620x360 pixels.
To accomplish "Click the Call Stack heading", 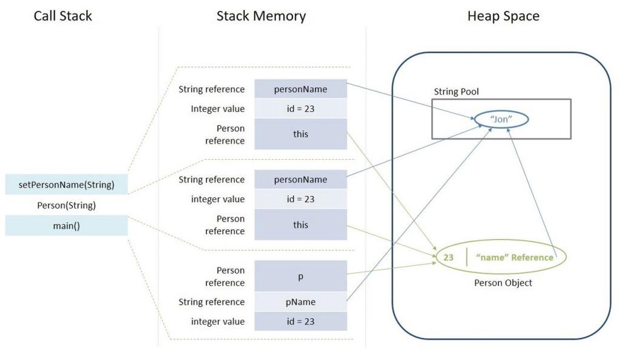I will click(63, 16).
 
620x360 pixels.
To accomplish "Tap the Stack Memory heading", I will click(261, 16).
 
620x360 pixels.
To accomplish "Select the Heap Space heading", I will click(503, 16).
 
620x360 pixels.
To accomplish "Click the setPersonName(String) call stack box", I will click(67, 185).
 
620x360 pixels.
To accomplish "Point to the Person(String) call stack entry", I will click(67, 205).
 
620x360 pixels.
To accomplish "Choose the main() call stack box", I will click(67, 226).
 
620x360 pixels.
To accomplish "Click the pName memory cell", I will click(300, 302).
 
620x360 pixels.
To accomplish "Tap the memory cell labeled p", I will click(300, 277).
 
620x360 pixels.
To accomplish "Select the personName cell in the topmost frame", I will click(300, 89).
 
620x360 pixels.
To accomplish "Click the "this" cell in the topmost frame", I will click(300, 134).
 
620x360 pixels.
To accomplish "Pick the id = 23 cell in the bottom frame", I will click(300, 321).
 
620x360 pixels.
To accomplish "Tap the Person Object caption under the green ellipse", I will click(503, 283).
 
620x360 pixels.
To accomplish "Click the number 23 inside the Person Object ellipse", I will click(449, 257).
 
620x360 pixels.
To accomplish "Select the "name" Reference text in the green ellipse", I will click(515, 257).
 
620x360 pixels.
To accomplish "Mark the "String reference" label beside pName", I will click(212, 302).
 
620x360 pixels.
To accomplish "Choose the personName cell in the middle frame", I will click(300, 179).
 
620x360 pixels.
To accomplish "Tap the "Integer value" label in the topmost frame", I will click(218, 109).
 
